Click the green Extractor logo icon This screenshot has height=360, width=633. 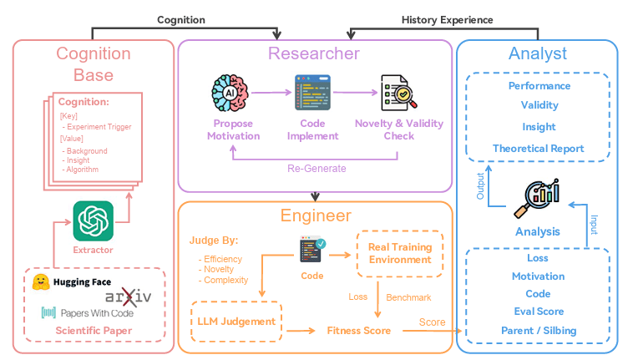93,221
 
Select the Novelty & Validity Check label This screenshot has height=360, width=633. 398,129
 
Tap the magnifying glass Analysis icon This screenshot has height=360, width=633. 538,199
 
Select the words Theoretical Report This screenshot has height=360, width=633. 539,149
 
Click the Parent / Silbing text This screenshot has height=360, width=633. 539,330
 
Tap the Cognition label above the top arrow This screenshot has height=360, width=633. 181,19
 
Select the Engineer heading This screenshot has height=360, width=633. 315,216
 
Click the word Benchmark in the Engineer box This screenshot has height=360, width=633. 409,297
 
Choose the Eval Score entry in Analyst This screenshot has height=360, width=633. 539,312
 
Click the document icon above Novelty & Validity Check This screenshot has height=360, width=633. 392,93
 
